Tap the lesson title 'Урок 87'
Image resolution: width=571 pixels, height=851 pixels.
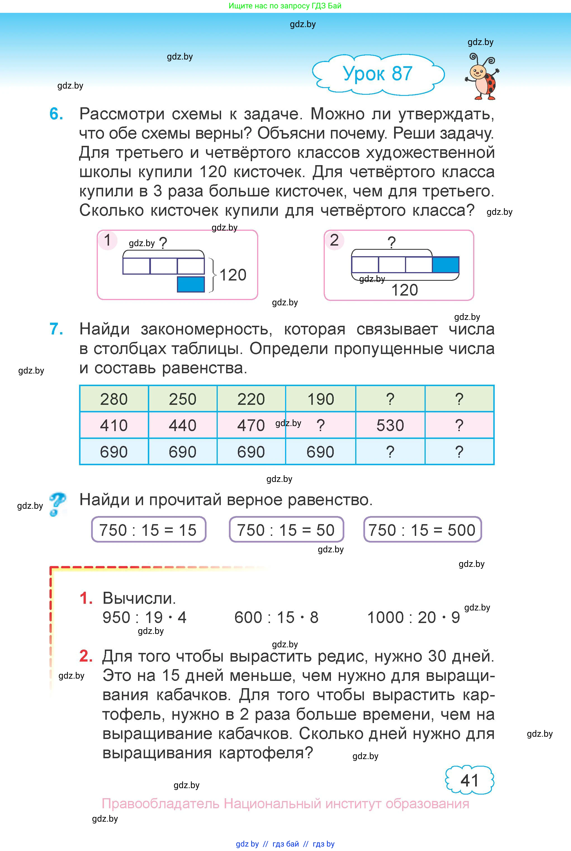pos(378,73)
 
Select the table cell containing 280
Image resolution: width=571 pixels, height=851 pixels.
pos(114,399)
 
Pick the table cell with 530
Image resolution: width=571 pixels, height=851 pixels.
pos(390,425)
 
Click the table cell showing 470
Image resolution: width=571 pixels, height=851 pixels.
pos(251,425)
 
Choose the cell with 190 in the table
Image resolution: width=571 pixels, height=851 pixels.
pos(321,399)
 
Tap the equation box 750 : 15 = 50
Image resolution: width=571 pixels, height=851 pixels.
pos(286,530)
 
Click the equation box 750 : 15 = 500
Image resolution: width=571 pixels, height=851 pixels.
pos(422,530)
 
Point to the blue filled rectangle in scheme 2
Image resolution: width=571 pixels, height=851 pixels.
pos(445,265)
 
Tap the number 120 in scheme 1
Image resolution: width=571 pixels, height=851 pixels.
pos(233,275)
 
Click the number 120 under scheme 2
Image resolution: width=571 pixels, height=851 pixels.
pos(404,290)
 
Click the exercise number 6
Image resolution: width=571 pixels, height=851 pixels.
pos(56,114)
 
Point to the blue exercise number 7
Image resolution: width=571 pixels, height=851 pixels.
pos(56,329)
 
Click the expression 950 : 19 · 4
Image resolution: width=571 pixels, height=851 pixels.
pos(144,617)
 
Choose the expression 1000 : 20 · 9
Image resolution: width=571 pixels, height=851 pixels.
pos(413,617)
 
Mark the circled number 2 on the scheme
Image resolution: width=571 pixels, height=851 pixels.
pos(334,240)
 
